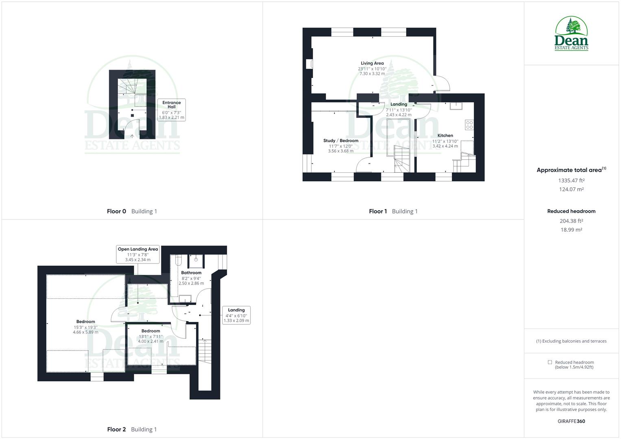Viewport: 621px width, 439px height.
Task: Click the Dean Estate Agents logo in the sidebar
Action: pyautogui.click(x=571, y=34)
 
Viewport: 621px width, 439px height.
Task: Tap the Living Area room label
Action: pyautogui.click(x=372, y=63)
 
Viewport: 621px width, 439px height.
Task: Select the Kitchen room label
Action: pyautogui.click(x=445, y=136)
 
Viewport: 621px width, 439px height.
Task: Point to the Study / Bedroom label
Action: pyautogui.click(x=341, y=141)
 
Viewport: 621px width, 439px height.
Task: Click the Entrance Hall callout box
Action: pyautogui.click(x=172, y=110)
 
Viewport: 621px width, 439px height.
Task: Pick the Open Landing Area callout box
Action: pyautogui.click(x=138, y=254)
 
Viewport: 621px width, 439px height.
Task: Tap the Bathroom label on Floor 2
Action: pyautogui.click(x=191, y=273)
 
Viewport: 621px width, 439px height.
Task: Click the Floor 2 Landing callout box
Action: pyautogui.click(x=236, y=315)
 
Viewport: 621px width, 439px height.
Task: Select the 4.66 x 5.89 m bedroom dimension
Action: pyautogui.click(x=85, y=332)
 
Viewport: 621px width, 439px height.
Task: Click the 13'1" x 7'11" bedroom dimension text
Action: pyautogui.click(x=150, y=337)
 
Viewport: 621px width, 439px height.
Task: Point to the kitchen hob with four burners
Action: pyautogui.click(x=469, y=125)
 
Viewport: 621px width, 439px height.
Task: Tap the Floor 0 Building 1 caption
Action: pyautogui.click(x=132, y=211)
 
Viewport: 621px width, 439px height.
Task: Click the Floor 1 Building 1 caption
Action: pyautogui.click(x=393, y=211)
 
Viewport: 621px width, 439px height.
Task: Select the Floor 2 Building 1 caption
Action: pyautogui.click(x=132, y=429)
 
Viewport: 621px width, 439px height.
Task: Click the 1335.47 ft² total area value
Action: pyautogui.click(x=571, y=180)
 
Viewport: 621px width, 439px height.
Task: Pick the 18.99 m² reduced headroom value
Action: pyautogui.click(x=571, y=230)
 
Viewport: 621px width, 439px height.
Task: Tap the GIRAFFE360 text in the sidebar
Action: pyautogui.click(x=571, y=421)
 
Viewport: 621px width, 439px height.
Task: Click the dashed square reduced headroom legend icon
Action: pyautogui.click(x=550, y=362)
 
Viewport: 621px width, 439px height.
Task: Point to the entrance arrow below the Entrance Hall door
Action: pyautogui.click(x=132, y=136)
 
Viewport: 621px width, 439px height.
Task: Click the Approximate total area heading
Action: pyautogui.click(x=571, y=170)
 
